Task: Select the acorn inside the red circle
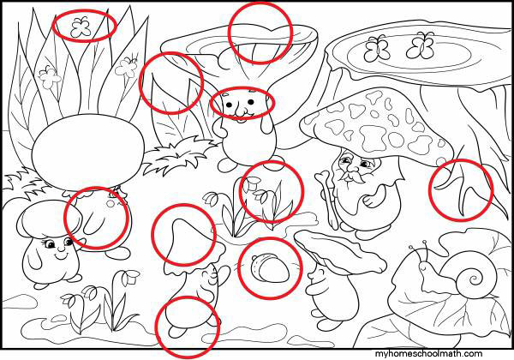271,269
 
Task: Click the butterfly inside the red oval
81,27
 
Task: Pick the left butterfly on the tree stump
377,48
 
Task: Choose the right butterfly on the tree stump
421,45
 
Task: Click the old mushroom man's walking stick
328,200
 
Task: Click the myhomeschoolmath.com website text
429,354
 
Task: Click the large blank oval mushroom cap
88,152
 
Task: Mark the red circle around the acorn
270,268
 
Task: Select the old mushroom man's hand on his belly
371,200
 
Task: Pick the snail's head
425,265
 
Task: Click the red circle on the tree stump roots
461,190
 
